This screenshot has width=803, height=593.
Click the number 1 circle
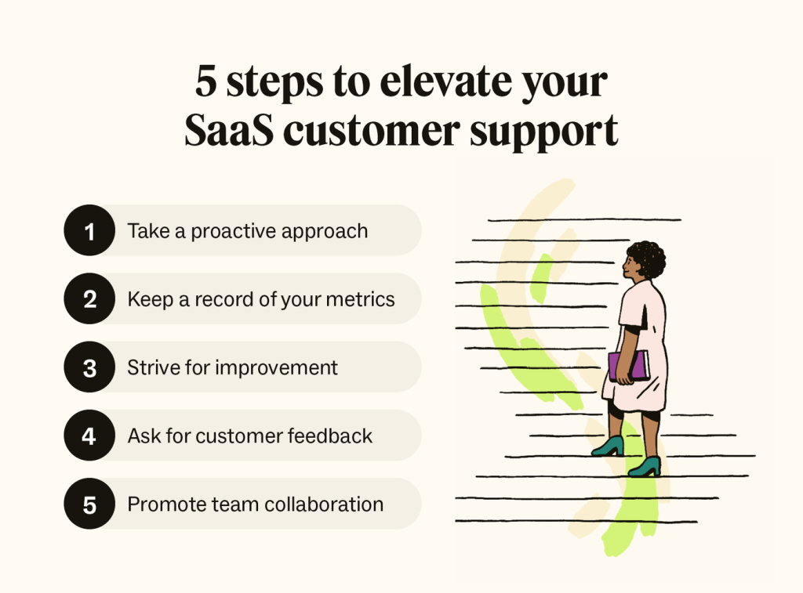point(89,230)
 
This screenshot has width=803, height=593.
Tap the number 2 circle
point(89,298)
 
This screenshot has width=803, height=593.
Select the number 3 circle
point(89,367)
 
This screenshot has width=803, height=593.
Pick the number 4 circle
point(89,436)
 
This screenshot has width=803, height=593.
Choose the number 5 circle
point(89,504)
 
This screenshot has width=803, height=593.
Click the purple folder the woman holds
point(630,366)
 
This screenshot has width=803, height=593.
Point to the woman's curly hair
point(649,258)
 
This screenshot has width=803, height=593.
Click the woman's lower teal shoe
point(645,467)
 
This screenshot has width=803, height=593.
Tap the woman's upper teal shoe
point(609,446)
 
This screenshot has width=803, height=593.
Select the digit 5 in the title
point(205,83)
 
